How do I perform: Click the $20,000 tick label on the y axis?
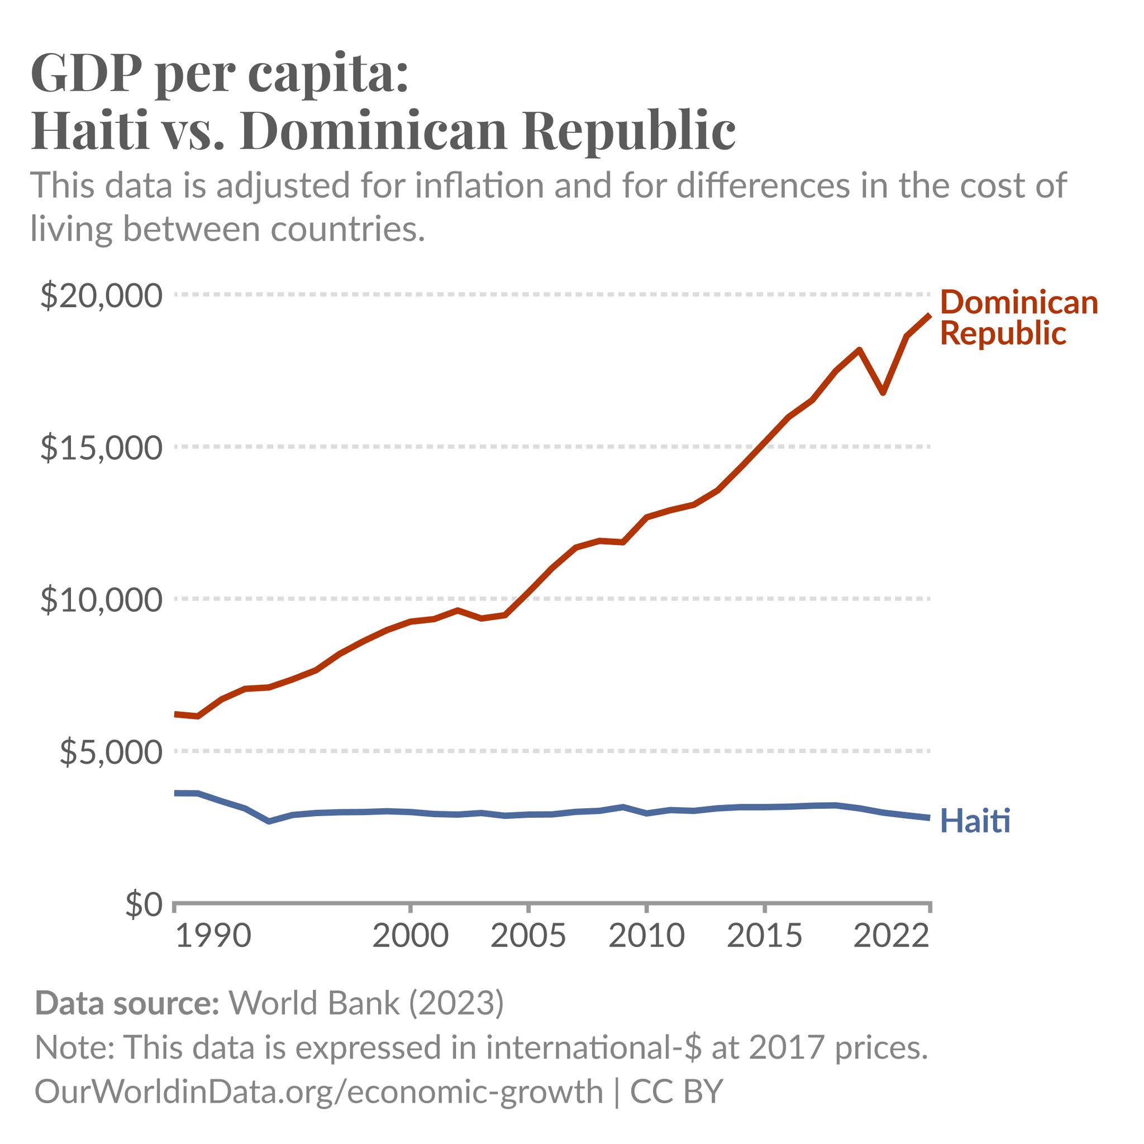101,296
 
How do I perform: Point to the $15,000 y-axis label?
101,448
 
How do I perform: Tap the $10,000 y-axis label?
101,600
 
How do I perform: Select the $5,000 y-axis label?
110,752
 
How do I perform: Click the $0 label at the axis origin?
144,905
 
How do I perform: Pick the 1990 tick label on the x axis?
214,936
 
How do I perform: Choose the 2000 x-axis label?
411,936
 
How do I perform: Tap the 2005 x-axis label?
528,936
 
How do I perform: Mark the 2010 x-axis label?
647,936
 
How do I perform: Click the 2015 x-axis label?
765,936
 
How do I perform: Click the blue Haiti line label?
975,821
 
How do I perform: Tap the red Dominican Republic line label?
1018,318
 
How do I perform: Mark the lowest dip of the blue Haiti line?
269,821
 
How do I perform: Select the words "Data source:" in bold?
127,1003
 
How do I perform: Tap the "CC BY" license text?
676,1091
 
